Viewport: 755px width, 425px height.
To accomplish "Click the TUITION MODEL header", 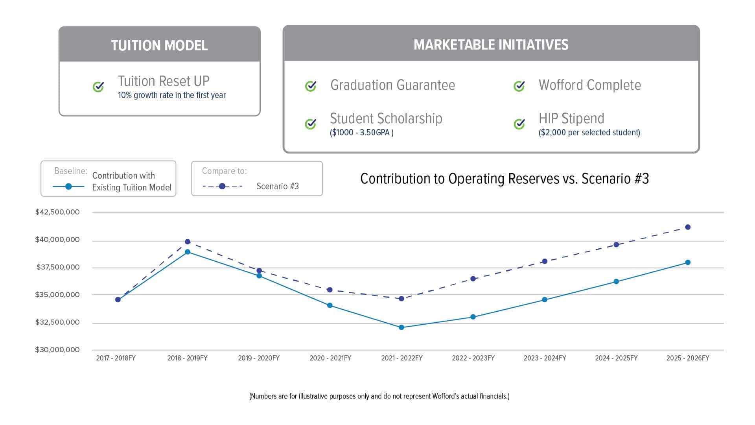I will pos(159,45).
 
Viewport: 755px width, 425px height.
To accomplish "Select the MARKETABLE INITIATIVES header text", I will pos(491,44).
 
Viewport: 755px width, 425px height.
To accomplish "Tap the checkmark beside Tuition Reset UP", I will pos(98,87).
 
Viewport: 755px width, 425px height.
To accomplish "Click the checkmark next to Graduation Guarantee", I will pos(311,86).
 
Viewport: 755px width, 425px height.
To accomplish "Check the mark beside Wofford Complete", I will pos(519,86).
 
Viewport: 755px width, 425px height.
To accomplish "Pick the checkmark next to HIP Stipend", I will pos(519,124).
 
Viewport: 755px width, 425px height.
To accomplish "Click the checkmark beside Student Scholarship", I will pos(311,124).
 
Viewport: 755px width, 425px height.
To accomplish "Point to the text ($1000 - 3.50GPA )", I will pos(361,133).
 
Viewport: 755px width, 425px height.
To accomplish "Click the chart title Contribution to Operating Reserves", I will pos(504,179).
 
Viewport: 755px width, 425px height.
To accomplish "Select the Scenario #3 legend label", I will pos(278,186).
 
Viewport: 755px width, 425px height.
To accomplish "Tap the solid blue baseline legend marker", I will pos(68,187).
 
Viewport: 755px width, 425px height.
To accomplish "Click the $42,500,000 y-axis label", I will pos(57,212).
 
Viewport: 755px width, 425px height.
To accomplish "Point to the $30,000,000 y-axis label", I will pos(57,350).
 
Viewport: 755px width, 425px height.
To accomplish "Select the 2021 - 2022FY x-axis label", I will pos(401,358).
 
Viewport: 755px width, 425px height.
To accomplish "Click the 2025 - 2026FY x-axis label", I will pos(687,358).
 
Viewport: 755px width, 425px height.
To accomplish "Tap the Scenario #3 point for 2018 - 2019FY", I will pos(188,242).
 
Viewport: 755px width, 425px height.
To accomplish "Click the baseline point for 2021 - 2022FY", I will pos(401,327).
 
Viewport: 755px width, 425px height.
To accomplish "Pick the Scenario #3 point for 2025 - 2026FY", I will pos(688,227).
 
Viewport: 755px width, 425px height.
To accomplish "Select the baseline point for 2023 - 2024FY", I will pos(545,300).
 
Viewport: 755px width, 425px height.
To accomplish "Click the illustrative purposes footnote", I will pos(379,396).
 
